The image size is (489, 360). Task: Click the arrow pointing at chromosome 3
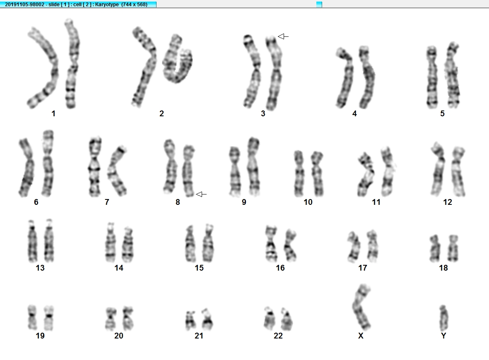pyautogui.click(x=283, y=36)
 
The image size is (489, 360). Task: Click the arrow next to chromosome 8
pyautogui.click(x=201, y=194)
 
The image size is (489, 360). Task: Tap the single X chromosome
pyautogui.click(x=362, y=307)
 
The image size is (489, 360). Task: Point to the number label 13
pyautogui.click(x=40, y=268)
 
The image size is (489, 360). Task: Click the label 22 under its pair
pyautogui.click(x=278, y=336)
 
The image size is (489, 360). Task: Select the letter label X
pyautogui.click(x=361, y=336)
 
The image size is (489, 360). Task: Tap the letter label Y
pyautogui.click(x=443, y=336)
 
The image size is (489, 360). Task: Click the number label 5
pyautogui.click(x=442, y=113)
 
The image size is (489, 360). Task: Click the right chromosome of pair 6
pyautogui.click(x=48, y=163)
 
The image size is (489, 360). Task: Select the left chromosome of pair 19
pyautogui.click(x=32, y=318)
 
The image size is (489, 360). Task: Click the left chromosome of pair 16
pyautogui.click(x=271, y=243)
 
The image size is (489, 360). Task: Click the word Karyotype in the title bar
pyautogui.click(x=106, y=5)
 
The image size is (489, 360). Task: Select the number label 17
pyautogui.click(x=362, y=268)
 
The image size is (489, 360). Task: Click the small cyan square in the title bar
pyautogui.click(x=319, y=5)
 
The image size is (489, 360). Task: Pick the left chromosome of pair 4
pyautogui.click(x=345, y=78)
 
